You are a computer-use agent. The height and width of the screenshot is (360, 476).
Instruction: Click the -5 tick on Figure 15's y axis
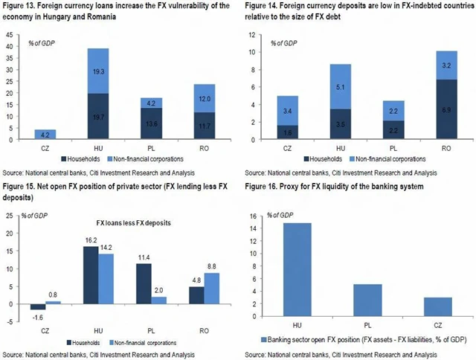coord(10,322)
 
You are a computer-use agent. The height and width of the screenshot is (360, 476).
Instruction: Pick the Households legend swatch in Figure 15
coord(70,343)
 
